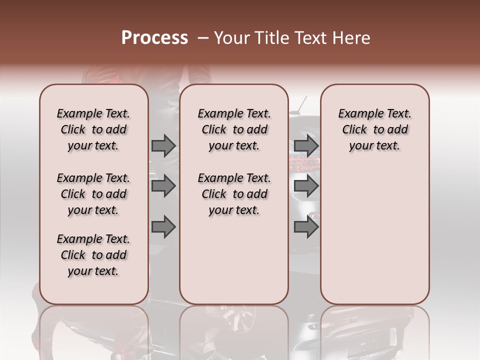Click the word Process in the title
tap(154, 38)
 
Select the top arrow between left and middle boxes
tap(163, 145)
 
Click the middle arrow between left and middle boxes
tap(163, 186)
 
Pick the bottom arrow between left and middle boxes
tap(163, 227)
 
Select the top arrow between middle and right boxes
tap(306, 145)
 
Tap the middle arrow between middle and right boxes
tap(306, 186)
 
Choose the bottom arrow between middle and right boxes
tap(306, 227)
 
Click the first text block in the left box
tap(93, 129)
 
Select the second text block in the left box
tap(93, 194)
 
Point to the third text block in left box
tap(93, 255)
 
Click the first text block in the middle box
tap(234, 129)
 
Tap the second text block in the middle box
tap(234, 194)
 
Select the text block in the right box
tap(374, 129)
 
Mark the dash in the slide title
tap(203, 38)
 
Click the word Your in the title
tap(229, 38)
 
